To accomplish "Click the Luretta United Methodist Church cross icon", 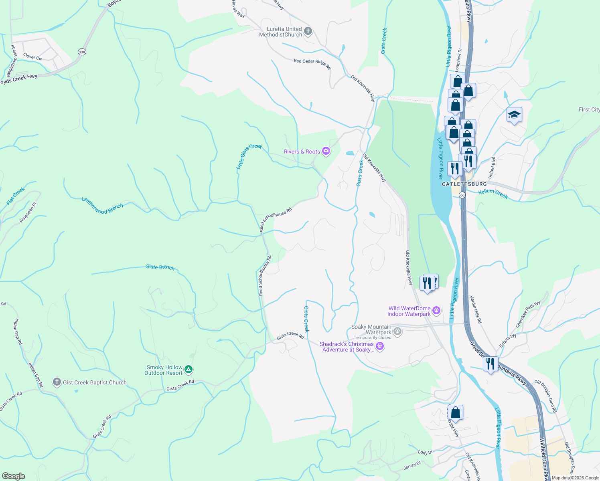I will click(308, 32).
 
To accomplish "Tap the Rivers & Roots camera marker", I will click(326, 151).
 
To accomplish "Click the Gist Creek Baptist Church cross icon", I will click(57, 382).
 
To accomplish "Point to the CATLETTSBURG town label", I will click(464, 184).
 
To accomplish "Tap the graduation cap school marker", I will click(514, 115).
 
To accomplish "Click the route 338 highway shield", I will click(82, 52).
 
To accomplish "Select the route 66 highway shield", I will click(462, 195).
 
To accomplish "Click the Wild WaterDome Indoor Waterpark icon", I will click(436, 311).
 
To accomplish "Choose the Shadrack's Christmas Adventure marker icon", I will click(380, 346).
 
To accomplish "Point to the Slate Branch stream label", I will click(160, 267).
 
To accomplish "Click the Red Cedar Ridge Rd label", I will click(312, 63).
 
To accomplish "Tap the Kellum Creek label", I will click(493, 194).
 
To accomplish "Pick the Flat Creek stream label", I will click(16, 196).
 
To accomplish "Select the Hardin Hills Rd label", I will click(476, 309).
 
